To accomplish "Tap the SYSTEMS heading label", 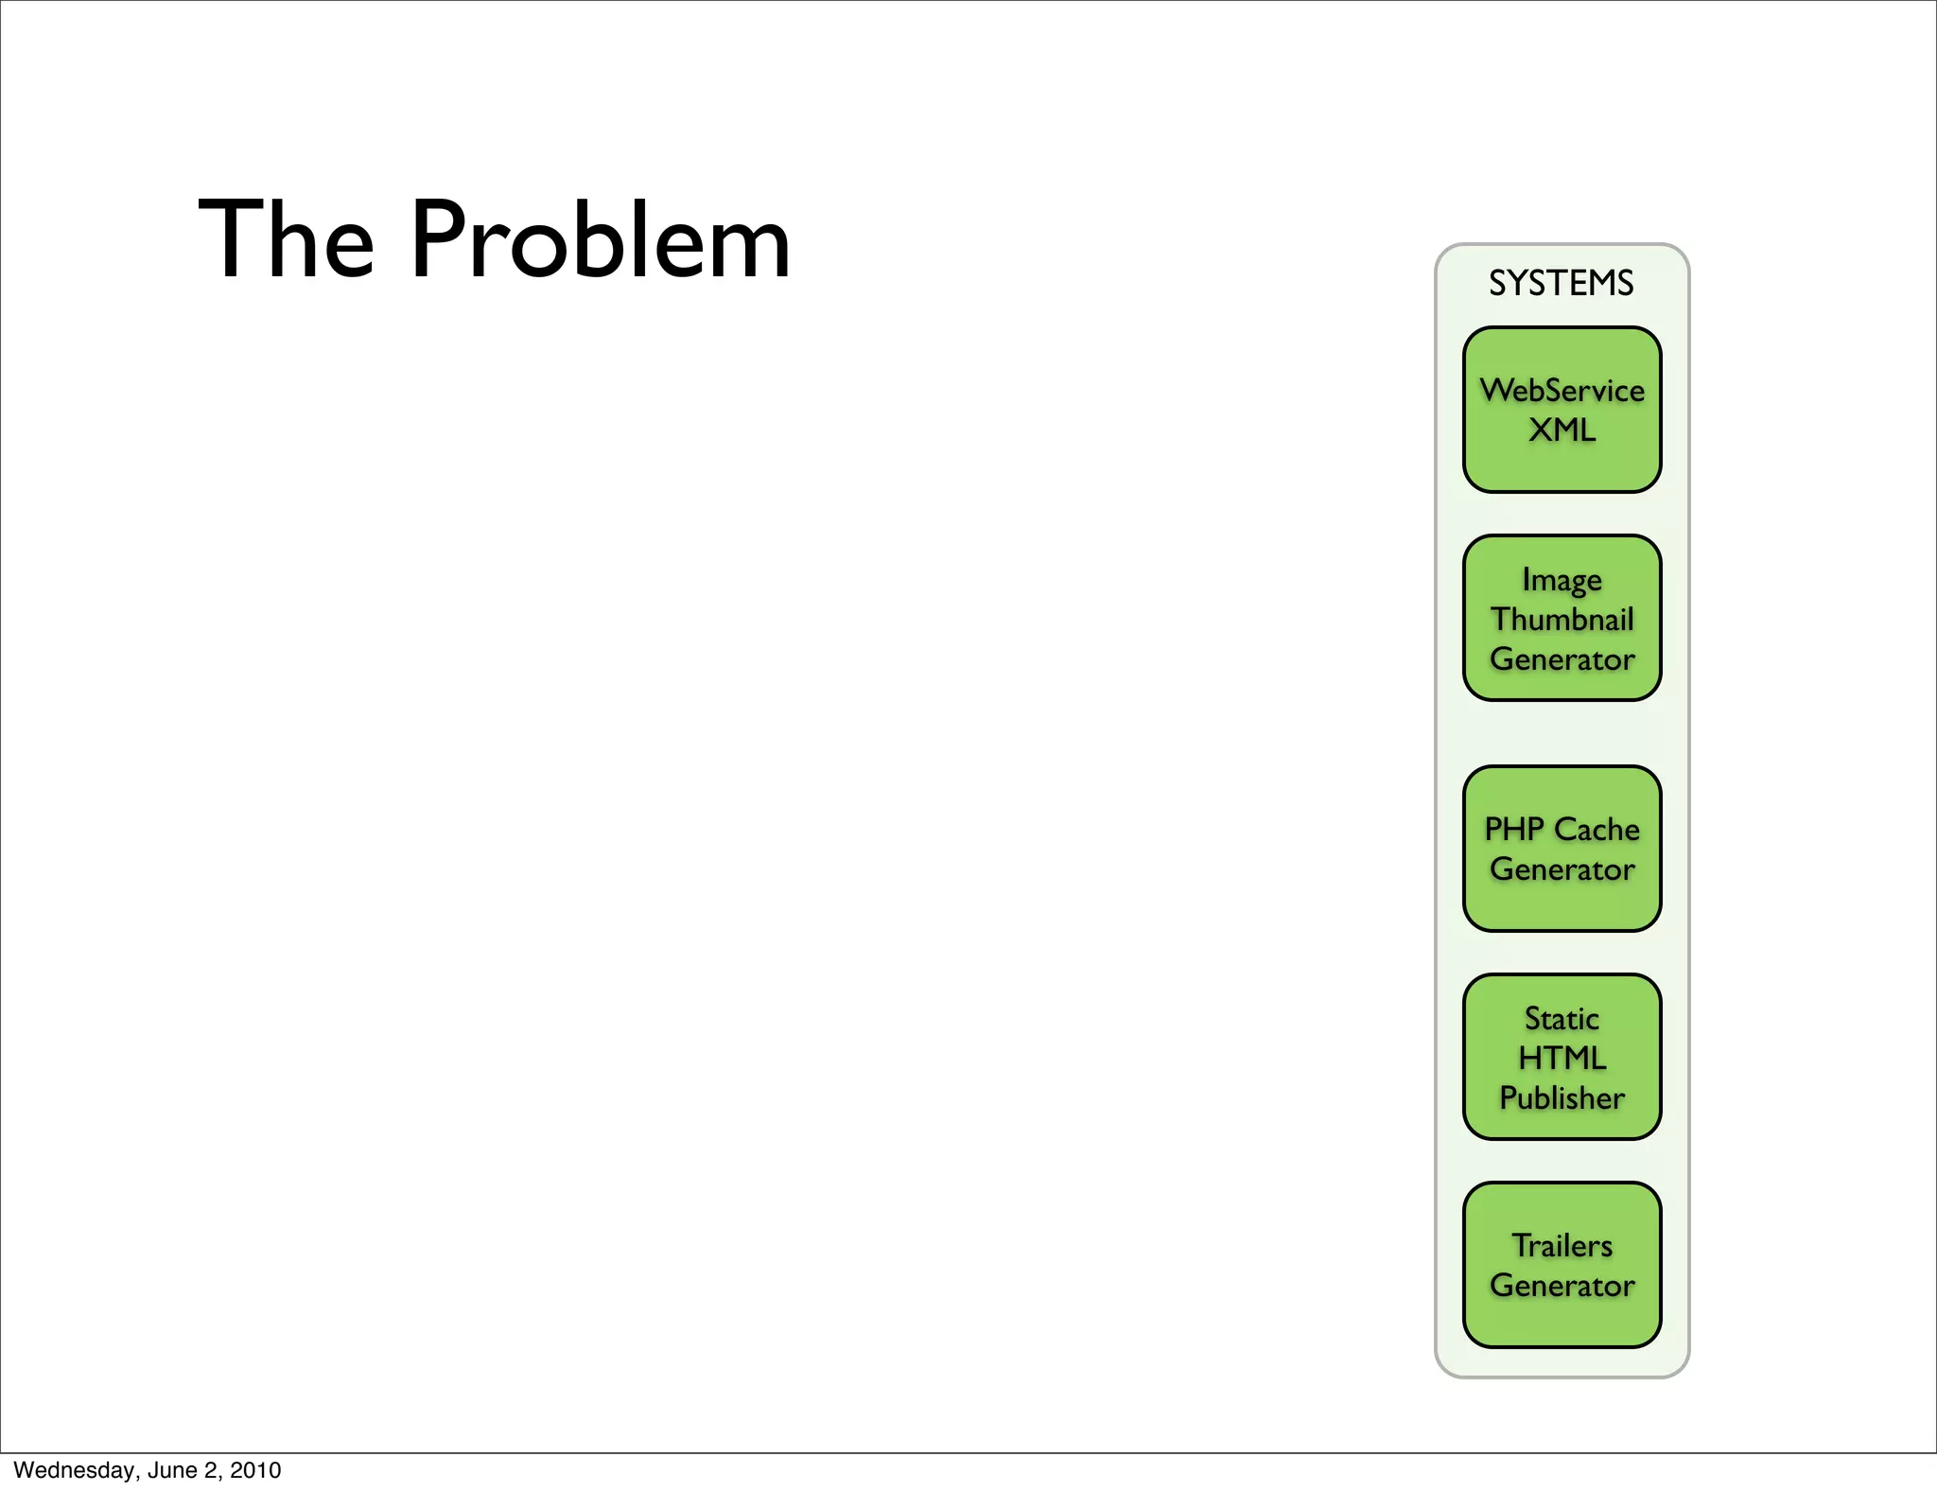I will point(1561,283).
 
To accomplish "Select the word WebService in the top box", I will point(1562,390).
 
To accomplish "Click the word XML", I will point(1562,430).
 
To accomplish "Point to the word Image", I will point(1562,579).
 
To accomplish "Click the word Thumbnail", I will point(1562,619).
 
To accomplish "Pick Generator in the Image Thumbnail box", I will point(1562,658).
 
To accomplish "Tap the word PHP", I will point(1513,829).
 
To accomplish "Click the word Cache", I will point(1597,829).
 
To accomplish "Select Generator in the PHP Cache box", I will point(1562,868).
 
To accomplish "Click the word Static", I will point(1562,1018).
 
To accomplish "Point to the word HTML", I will point(1562,1058).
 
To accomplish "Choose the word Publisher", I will point(1562,1097).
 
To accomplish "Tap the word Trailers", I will point(1562,1245).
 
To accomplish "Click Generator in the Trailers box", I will point(1562,1285).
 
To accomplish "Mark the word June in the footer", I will point(171,1470).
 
